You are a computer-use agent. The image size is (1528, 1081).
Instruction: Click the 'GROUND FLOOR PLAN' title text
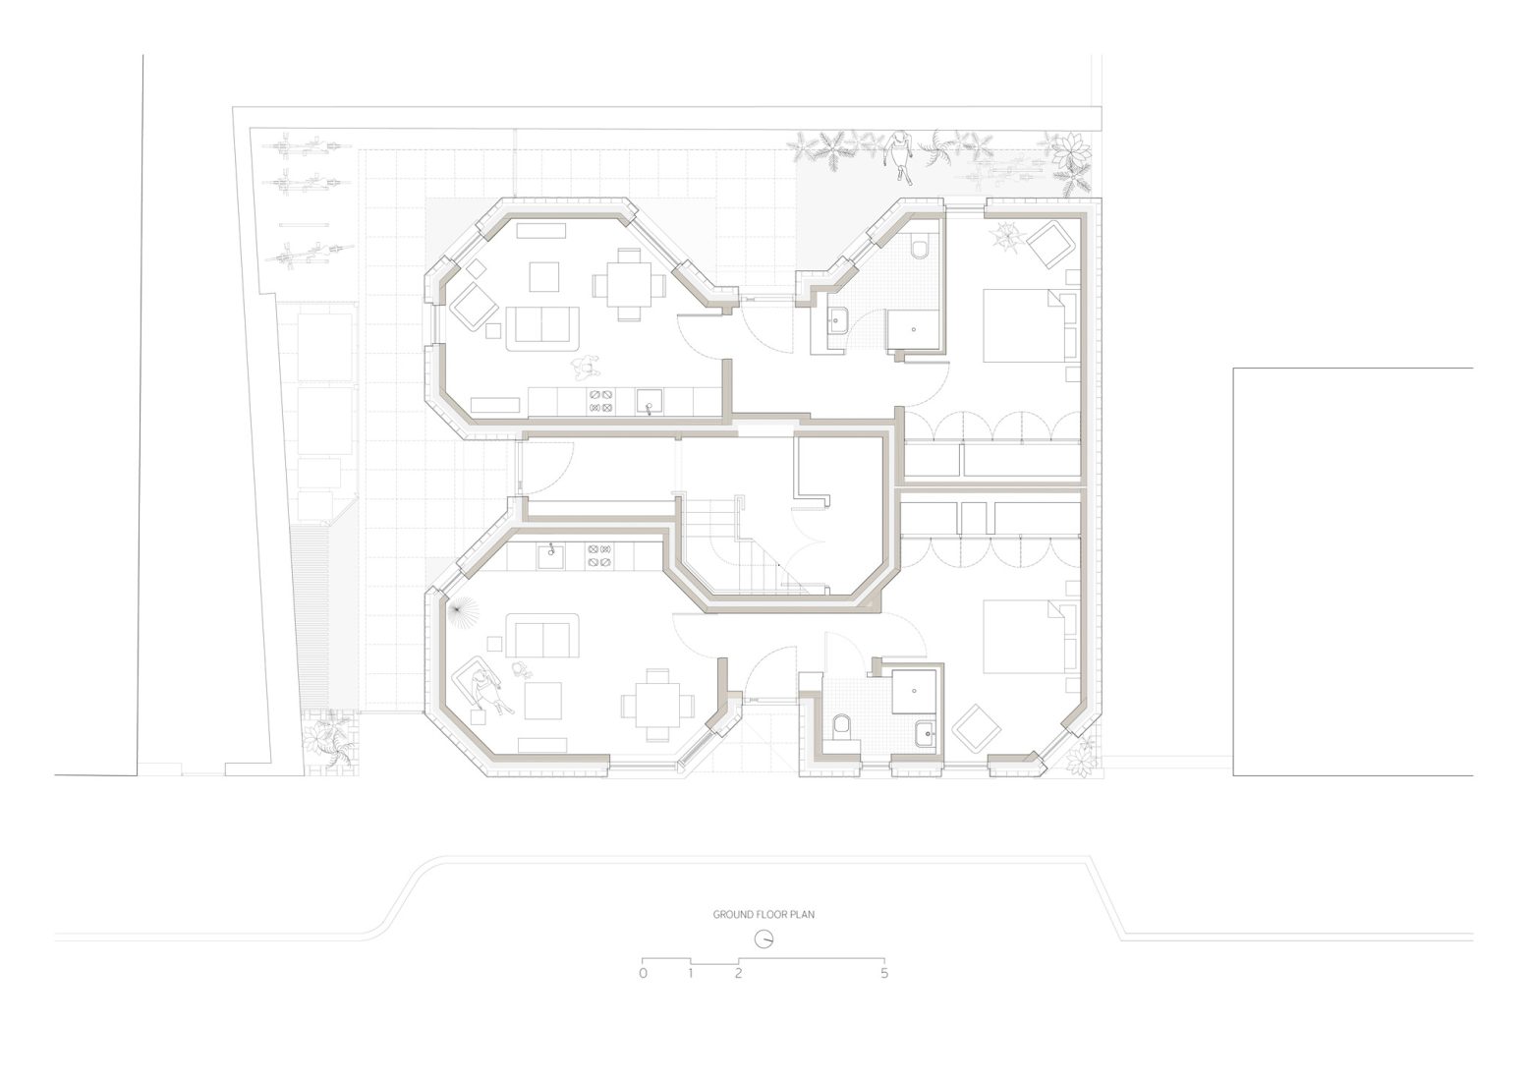(x=764, y=914)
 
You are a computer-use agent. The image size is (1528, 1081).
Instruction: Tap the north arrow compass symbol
(x=764, y=940)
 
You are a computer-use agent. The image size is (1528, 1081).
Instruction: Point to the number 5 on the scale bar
(x=884, y=974)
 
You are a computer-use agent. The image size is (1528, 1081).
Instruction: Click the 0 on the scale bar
(x=643, y=974)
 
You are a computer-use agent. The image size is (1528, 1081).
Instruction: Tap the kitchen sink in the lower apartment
(x=551, y=557)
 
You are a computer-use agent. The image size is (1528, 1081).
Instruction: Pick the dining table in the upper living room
(x=629, y=284)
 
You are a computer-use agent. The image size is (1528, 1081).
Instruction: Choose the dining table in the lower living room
(x=657, y=706)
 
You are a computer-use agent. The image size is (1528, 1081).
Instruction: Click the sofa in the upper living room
(x=542, y=326)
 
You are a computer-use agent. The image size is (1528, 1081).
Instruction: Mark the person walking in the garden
(x=900, y=153)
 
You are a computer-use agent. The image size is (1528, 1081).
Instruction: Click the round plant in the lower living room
(x=459, y=613)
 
